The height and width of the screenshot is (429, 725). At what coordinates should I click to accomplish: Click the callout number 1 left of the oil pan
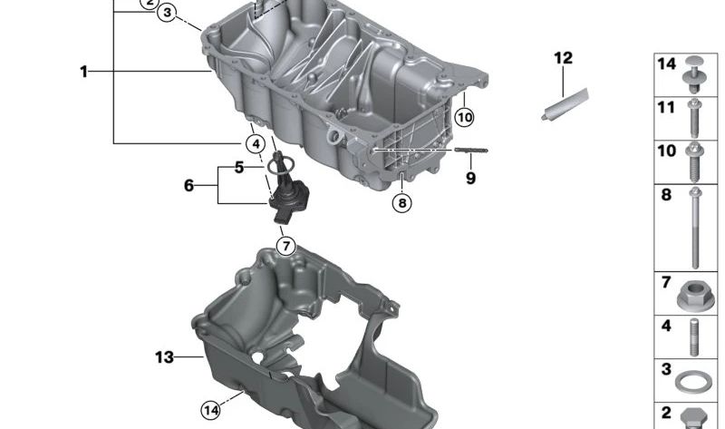pyautogui.click(x=83, y=71)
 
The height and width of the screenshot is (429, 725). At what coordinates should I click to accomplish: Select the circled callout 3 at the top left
pyautogui.click(x=167, y=13)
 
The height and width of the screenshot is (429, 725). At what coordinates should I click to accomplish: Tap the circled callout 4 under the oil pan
pyautogui.click(x=256, y=143)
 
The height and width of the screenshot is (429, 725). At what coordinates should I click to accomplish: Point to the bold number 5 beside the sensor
pyautogui.click(x=239, y=167)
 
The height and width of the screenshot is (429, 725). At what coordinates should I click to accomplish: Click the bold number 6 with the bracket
pyautogui.click(x=188, y=185)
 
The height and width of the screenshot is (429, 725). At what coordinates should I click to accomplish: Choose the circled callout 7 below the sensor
pyautogui.click(x=285, y=245)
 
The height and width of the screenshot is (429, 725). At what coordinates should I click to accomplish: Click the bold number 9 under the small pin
pyautogui.click(x=470, y=179)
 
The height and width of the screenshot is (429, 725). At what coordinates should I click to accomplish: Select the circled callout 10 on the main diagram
pyautogui.click(x=464, y=117)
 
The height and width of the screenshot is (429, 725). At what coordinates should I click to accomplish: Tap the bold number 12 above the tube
pyautogui.click(x=563, y=59)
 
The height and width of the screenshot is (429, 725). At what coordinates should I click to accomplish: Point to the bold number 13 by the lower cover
pyautogui.click(x=163, y=358)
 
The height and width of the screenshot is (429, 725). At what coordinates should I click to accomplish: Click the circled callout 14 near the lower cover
pyautogui.click(x=210, y=411)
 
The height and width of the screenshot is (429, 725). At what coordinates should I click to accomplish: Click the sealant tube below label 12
pyautogui.click(x=564, y=105)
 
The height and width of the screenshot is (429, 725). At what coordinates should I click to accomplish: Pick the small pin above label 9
pyautogui.click(x=470, y=151)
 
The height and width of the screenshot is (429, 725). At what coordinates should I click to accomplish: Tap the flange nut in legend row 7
pyautogui.click(x=695, y=294)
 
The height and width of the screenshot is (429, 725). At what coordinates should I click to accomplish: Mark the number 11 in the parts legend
pyautogui.click(x=666, y=108)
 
